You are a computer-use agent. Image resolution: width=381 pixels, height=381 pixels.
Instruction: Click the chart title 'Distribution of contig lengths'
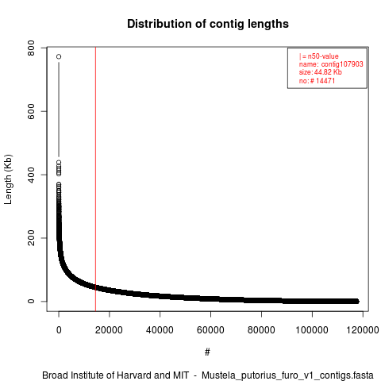coord(208,24)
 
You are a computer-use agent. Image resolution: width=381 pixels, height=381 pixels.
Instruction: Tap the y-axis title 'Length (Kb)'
coord(8,179)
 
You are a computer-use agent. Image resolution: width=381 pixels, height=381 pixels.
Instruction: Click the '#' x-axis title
coord(207,352)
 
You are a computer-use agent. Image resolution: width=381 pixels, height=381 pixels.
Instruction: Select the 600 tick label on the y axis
coord(31,111)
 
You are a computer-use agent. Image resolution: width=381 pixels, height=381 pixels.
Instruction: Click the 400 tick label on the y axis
coord(31,175)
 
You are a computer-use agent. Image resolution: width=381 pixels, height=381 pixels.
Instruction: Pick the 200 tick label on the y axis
coord(31,238)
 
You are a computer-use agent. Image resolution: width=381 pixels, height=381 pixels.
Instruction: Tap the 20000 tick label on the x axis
coord(109,330)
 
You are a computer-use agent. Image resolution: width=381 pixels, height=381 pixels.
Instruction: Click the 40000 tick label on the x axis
coord(160,330)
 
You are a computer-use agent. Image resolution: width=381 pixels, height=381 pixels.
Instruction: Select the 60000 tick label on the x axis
coord(210,330)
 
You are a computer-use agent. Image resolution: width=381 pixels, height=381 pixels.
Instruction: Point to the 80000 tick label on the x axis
coord(261,330)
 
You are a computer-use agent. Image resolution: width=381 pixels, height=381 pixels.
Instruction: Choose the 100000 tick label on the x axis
coord(312,330)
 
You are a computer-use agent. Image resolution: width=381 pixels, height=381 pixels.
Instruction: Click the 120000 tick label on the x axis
coord(363,330)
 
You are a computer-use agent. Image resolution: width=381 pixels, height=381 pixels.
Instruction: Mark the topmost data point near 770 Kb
coord(59,56)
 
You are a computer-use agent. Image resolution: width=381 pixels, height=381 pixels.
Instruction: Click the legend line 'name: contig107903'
coord(331,64)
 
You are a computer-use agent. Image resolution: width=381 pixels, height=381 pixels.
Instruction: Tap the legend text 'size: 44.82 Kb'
coord(321,72)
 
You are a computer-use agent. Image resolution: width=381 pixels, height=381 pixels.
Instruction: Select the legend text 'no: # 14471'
coord(317,80)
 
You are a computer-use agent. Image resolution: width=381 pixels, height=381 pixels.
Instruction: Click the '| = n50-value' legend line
coord(319,56)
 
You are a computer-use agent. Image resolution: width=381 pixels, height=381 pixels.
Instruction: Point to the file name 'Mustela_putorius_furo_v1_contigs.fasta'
coord(287,375)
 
